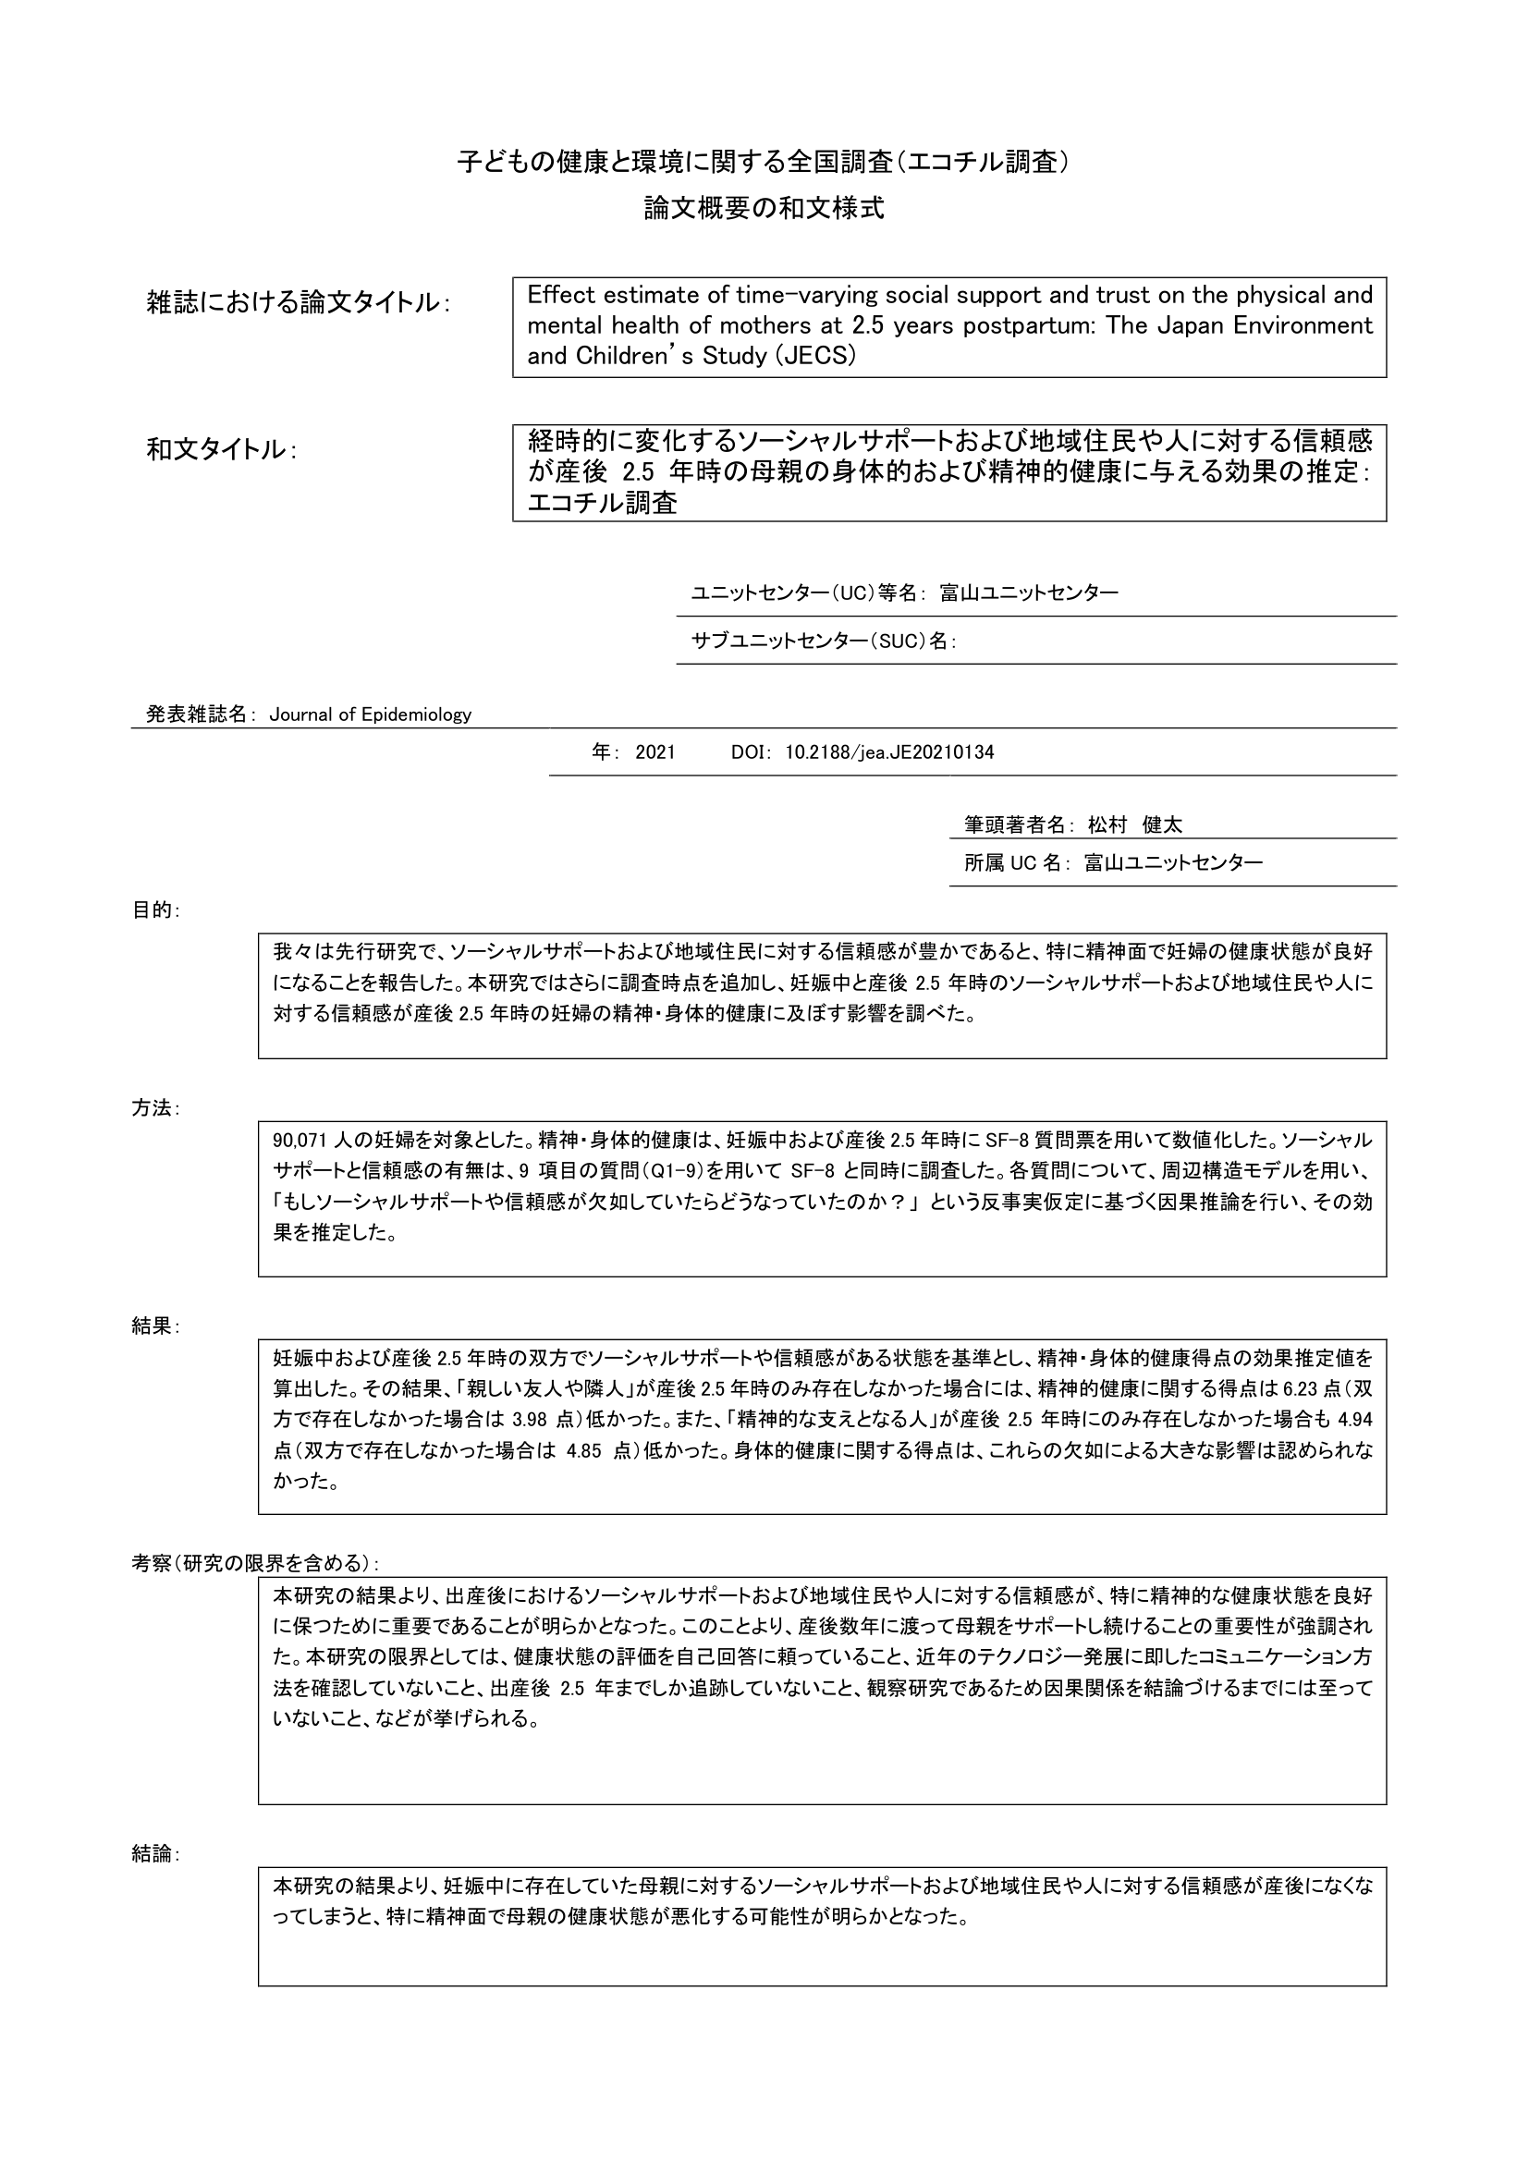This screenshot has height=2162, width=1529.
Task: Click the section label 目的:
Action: point(155,910)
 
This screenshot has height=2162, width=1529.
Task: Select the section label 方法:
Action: point(155,1108)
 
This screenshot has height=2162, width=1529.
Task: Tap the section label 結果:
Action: point(155,1325)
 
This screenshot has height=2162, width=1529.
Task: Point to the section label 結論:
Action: point(155,1854)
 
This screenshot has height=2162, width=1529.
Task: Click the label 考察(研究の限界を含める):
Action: point(255,1563)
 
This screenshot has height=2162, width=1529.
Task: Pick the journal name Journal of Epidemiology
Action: point(370,715)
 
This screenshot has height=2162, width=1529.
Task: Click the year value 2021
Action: point(655,752)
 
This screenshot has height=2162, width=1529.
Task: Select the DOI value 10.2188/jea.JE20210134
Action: point(889,752)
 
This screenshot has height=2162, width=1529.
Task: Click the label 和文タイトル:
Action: point(221,450)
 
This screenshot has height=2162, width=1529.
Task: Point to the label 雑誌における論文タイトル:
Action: point(298,302)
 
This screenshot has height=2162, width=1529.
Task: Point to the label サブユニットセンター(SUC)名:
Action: point(824,641)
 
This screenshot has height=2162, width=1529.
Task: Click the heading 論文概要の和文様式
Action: point(764,208)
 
